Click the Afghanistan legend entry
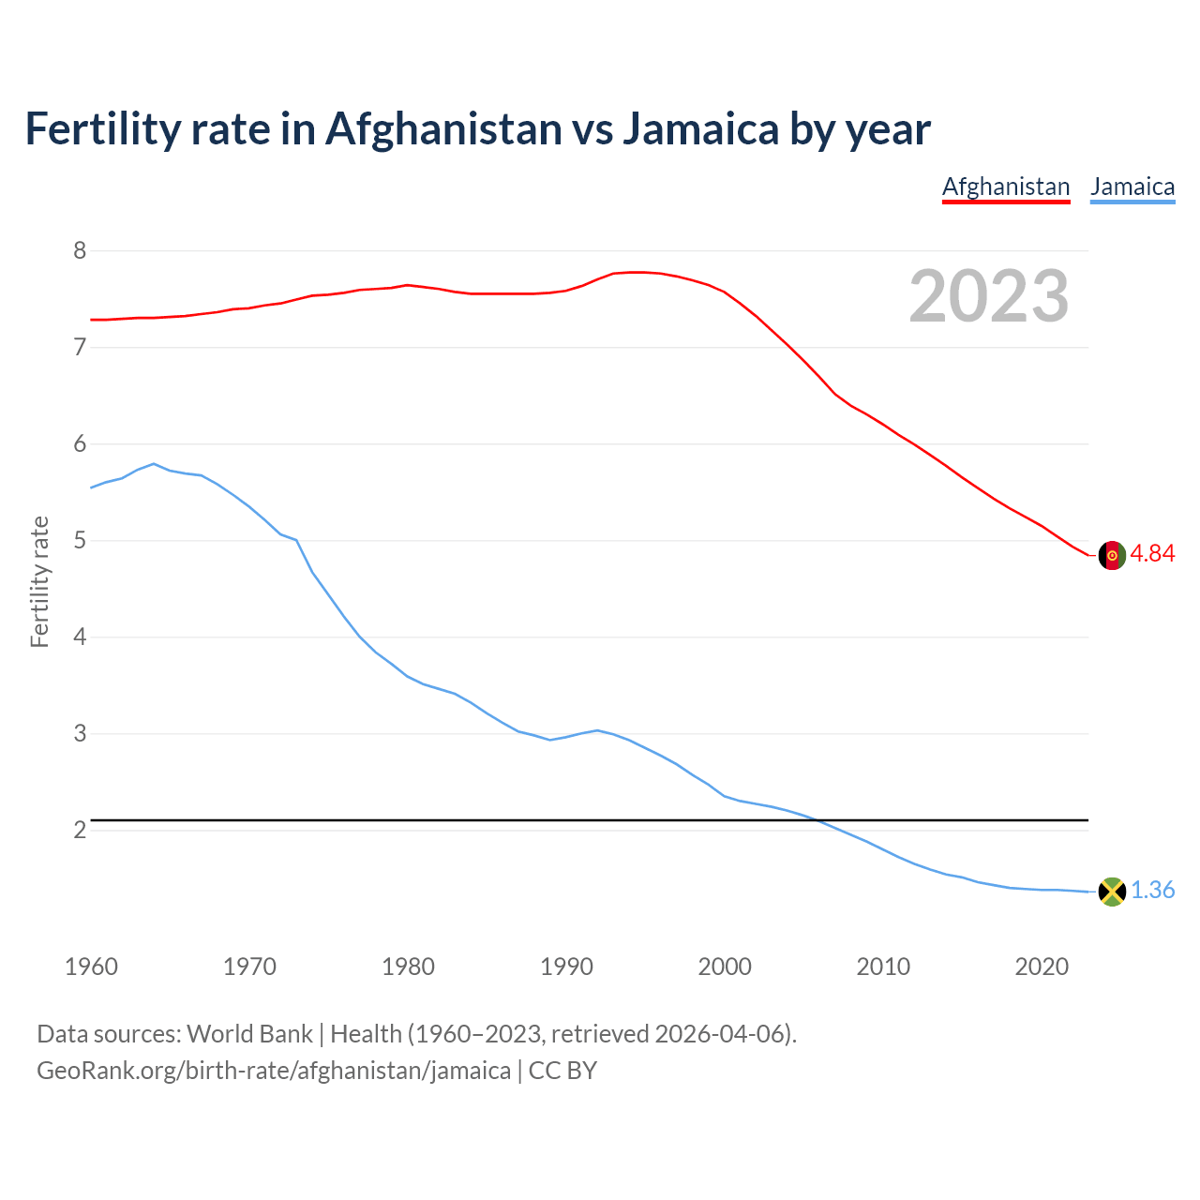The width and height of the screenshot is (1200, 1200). (x=1005, y=187)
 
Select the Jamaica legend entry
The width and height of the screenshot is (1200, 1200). (x=1132, y=187)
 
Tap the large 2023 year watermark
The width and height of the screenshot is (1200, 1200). (x=989, y=296)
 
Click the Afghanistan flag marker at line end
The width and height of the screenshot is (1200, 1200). (x=1112, y=555)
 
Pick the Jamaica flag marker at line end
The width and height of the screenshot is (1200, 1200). (x=1112, y=892)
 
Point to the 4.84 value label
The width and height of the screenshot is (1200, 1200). (x=1152, y=554)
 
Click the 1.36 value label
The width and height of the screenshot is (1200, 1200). (x=1152, y=891)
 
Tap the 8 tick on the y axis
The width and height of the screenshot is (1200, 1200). (x=80, y=250)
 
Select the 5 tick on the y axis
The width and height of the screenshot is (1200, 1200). (x=80, y=541)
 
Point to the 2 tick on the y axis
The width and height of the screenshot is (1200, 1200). (x=80, y=831)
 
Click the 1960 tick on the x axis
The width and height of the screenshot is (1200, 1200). (x=91, y=967)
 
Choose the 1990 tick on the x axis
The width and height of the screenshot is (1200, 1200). (x=566, y=967)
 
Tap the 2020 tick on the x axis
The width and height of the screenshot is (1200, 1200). (x=1042, y=967)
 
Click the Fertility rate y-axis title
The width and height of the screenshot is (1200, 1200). (x=39, y=581)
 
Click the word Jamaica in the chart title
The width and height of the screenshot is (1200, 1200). (x=700, y=128)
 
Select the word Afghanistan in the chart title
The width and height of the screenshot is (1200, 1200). (x=442, y=128)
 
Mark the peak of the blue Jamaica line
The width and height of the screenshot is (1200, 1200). (x=154, y=463)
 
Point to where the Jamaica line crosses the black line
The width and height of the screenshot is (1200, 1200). (x=819, y=820)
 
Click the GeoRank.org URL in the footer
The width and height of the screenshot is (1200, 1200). (x=274, y=1071)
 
